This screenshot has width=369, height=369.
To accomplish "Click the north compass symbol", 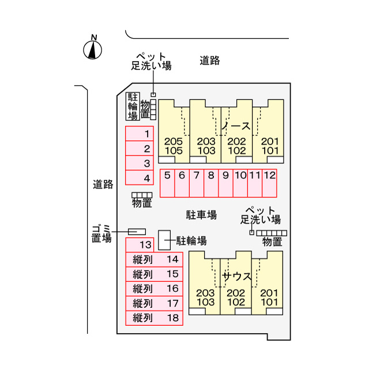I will [x=92, y=50].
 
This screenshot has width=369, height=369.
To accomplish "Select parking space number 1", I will [x=140, y=134].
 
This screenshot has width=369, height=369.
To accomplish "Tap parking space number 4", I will [x=140, y=178].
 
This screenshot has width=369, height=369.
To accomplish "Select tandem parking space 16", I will [x=154, y=288].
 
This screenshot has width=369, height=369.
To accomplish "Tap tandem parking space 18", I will [x=154, y=317].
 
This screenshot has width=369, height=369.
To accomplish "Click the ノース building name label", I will [x=235, y=126].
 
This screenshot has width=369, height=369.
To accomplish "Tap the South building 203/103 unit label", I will [x=205, y=296].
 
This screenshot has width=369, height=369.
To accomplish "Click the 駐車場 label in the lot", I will [x=201, y=215].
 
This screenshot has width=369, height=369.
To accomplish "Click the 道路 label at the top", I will [x=210, y=60].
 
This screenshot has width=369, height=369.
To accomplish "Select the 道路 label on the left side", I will [x=103, y=184].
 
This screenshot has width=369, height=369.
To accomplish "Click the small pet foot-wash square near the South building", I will [x=251, y=232].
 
